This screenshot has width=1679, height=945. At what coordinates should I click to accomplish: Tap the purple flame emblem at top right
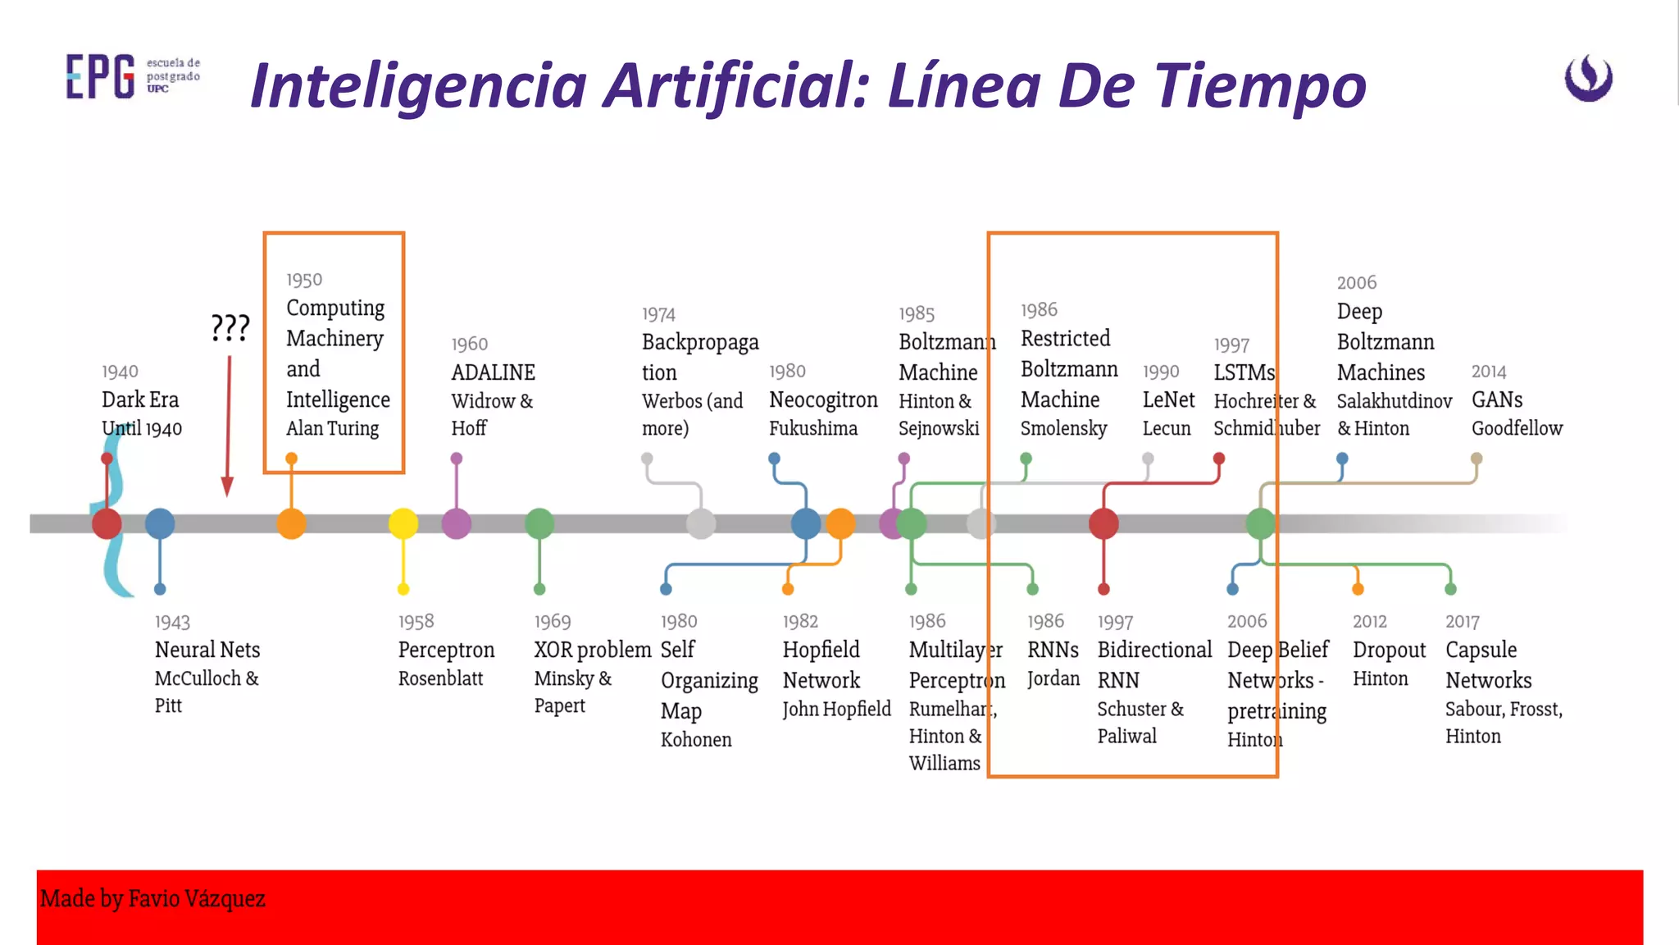pyautogui.click(x=1588, y=78)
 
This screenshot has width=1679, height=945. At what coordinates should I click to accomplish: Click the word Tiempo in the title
pyautogui.click(x=1254, y=86)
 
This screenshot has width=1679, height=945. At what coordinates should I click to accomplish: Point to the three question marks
pyautogui.click(x=230, y=328)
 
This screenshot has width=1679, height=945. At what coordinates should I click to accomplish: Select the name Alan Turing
pyautogui.click(x=332, y=428)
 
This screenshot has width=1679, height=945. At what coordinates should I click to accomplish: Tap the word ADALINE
pyautogui.click(x=493, y=372)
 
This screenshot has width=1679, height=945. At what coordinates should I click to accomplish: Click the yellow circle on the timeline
pyautogui.click(x=403, y=523)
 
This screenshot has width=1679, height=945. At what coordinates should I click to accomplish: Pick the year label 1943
pyautogui.click(x=172, y=623)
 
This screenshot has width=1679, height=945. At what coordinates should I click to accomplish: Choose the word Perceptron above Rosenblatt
pyautogui.click(x=446, y=651)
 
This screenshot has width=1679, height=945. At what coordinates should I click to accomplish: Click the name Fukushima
pyautogui.click(x=813, y=428)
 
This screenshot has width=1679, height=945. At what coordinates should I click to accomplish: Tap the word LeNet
pyautogui.click(x=1168, y=399)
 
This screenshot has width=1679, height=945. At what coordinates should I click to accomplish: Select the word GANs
pyautogui.click(x=1497, y=399)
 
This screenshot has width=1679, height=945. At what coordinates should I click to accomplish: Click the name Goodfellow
pyautogui.click(x=1517, y=428)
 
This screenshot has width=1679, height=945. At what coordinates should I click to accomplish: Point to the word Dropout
pyautogui.click(x=1389, y=651)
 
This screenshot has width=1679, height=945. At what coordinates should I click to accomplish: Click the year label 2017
pyautogui.click(x=1462, y=623)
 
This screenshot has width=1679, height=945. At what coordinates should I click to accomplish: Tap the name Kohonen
pyautogui.click(x=696, y=740)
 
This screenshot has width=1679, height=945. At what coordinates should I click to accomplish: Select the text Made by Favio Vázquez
pyautogui.click(x=152, y=899)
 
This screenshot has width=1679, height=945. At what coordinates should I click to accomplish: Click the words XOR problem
pyautogui.click(x=592, y=651)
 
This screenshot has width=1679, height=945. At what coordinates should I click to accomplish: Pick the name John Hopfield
pyautogui.click(x=836, y=710)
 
